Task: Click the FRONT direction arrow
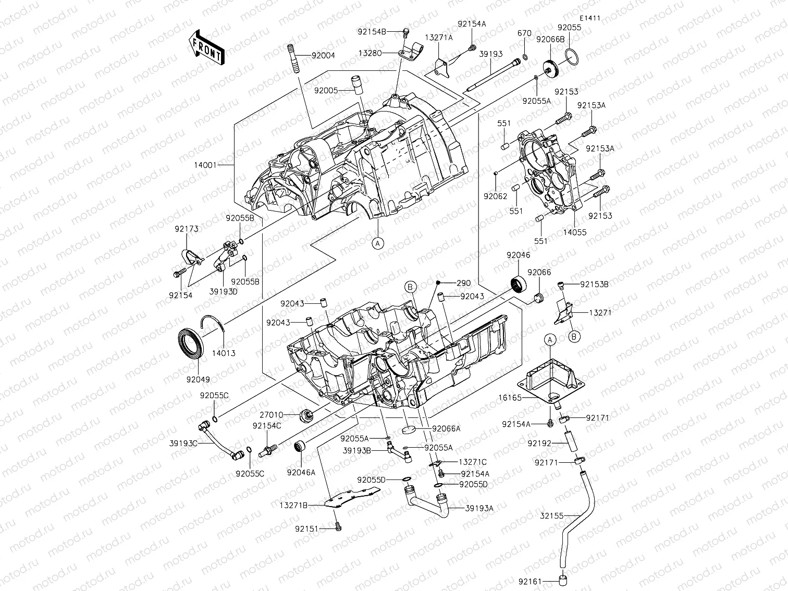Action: [206, 47]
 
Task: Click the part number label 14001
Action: [205, 165]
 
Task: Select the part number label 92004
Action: [323, 55]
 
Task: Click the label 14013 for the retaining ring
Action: [224, 353]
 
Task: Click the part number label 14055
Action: [574, 232]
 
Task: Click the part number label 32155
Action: [552, 515]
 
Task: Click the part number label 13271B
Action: [293, 505]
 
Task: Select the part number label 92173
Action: [187, 228]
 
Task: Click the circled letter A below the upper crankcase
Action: [378, 242]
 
